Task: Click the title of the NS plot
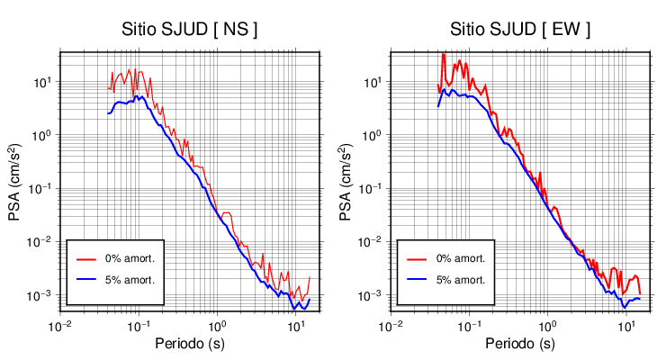tap(190, 29)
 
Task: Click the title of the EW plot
tap(521, 29)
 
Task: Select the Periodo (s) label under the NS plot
tap(191, 344)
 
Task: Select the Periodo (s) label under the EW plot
tap(521, 344)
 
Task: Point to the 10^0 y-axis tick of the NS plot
tap(44, 135)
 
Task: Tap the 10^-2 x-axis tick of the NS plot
tap(59, 325)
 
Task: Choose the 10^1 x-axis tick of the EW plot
tap(625, 325)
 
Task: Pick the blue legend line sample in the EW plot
tap(416, 279)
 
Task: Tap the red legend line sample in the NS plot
tap(85, 258)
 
